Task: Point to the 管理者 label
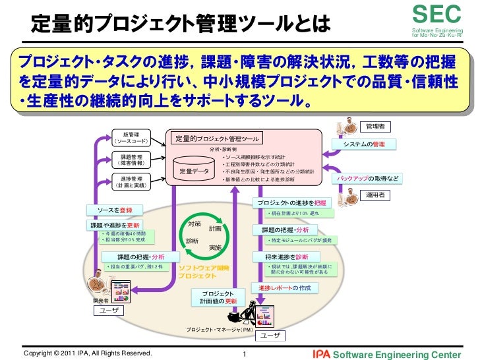tap(377, 125)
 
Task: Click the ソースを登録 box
tap(115, 210)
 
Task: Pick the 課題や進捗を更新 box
tap(116, 225)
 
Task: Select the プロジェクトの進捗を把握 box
tap(291, 202)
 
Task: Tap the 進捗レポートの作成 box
tap(285, 288)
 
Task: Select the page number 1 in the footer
tap(245, 356)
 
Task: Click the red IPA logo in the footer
tap(321, 355)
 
